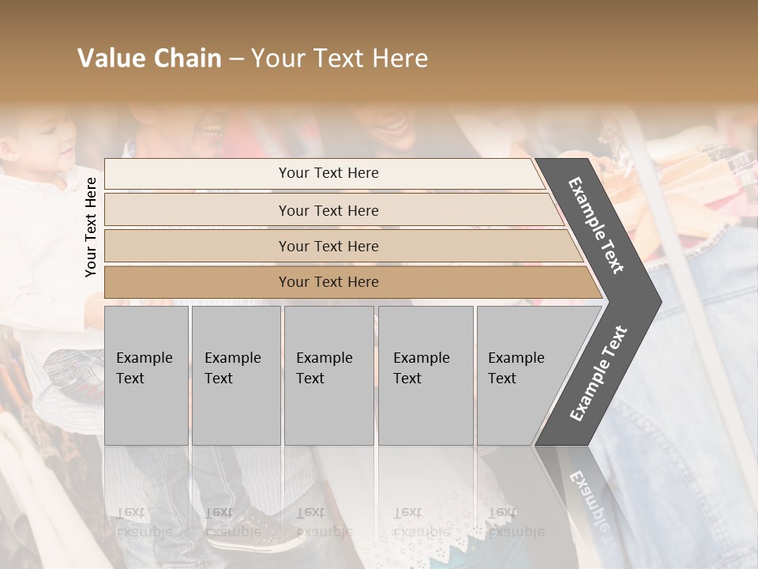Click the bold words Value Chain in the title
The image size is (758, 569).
click(x=149, y=58)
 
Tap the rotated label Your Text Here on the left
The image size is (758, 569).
click(x=91, y=227)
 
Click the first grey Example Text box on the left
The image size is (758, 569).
click(x=146, y=375)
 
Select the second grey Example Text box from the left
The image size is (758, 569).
click(x=236, y=375)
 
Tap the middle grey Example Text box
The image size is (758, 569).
click(x=328, y=375)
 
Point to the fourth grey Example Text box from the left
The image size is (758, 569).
click(x=426, y=375)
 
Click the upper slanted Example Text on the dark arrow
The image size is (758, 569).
click(x=596, y=225)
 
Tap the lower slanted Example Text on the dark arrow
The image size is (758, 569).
click(x=598, y=373)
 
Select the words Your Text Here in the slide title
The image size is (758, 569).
click(x=340, y=58)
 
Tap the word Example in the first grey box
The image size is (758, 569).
click(x=144, y=358)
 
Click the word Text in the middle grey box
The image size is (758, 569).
click(x=310, y=379)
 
